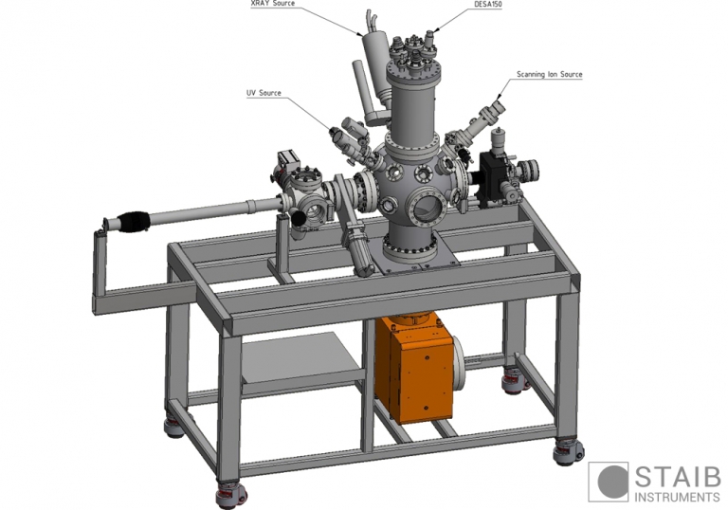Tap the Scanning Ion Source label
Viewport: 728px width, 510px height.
click(x=549, y=74)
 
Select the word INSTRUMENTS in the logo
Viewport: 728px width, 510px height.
click(x=677, y=496)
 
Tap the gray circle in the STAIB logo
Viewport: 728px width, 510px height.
click(x=610, y=482)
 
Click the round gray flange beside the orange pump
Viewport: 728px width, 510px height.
click(x=463, y=361)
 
